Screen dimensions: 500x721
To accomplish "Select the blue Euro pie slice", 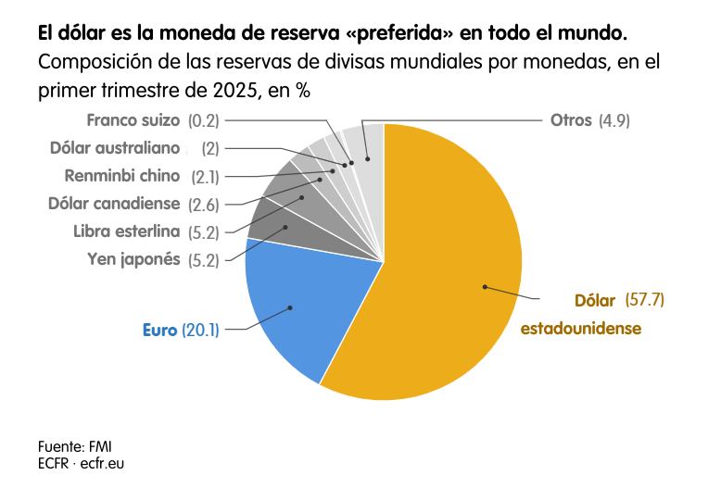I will click(287, 306).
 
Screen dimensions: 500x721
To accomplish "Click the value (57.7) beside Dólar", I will click(645, 300).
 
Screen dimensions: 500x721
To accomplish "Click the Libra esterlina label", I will click(126, 231).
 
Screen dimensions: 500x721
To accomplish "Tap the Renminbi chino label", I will click(121, 176).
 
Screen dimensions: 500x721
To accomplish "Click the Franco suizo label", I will click(134, 120).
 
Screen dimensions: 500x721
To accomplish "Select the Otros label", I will click(571, 120).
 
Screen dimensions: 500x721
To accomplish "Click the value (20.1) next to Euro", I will click(200, 330).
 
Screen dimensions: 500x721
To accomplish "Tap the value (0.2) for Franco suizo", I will click(203, 120).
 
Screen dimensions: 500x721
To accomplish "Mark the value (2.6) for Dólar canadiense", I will click(205, 204).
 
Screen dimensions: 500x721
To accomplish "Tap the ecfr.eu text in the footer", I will click(103, 462).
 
